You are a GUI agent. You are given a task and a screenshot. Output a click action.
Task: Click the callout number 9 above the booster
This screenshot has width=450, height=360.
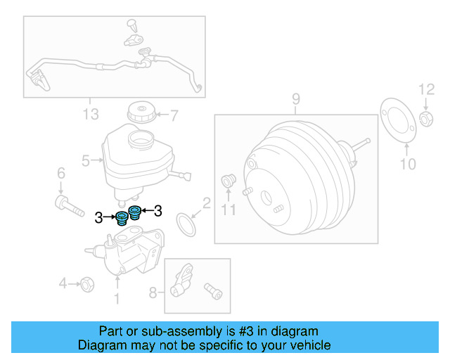tap(296, 98)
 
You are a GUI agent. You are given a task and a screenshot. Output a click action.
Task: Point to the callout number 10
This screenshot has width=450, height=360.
tap(408, 164)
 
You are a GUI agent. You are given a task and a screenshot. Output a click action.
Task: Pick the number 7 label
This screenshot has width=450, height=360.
tap(174, 114)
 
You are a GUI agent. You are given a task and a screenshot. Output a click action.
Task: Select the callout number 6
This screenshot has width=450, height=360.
tap(60, 174)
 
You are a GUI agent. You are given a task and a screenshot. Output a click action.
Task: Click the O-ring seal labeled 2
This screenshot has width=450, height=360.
tap(186, 226)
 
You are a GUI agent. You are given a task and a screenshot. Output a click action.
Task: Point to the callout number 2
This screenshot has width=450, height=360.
tap(206, 203)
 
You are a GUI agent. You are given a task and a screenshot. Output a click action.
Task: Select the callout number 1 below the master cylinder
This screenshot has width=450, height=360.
tap(117, 300)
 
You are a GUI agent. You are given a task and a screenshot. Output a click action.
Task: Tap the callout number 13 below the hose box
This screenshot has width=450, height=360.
tap(91, 115)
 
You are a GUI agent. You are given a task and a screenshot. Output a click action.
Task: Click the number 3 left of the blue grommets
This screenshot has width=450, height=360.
tap(99, 218)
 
